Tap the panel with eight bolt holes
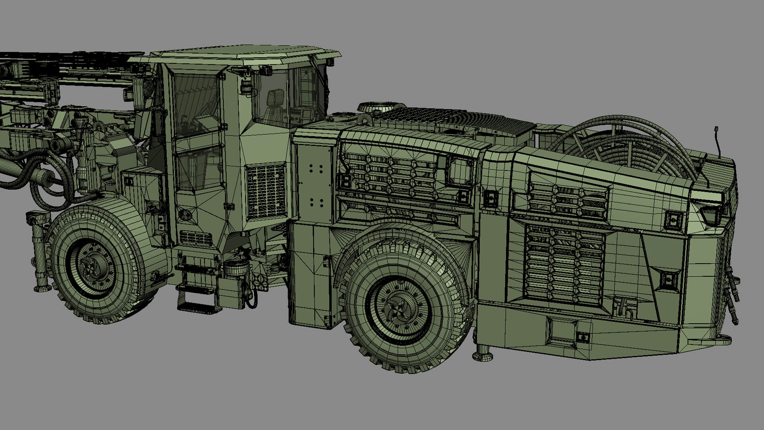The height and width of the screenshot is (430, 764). pos(316,186)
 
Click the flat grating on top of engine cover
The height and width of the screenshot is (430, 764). pos(454,117)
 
